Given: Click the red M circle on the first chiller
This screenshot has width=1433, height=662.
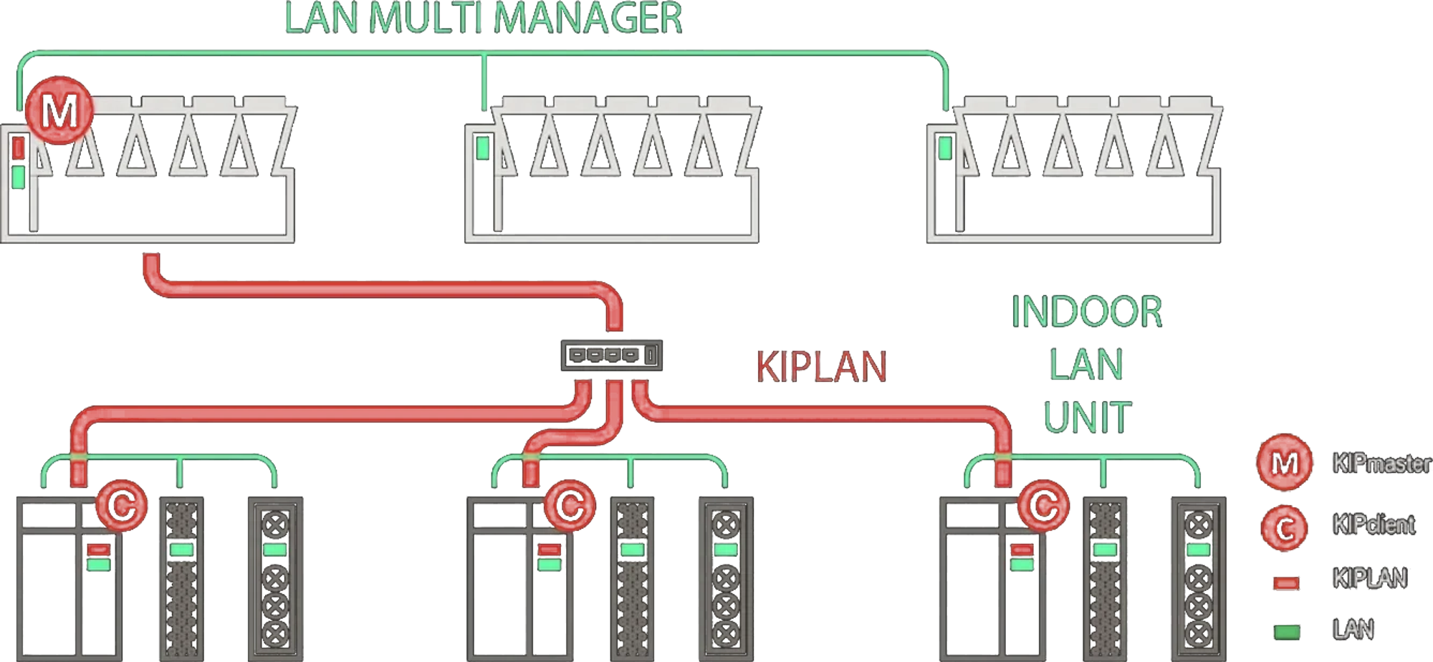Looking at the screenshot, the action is pos(59,110).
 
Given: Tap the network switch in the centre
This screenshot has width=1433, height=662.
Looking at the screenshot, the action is pos(611,355).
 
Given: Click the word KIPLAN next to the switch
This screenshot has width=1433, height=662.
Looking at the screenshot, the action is pos(821,366).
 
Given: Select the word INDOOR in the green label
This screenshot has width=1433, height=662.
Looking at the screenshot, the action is pos(1086,312).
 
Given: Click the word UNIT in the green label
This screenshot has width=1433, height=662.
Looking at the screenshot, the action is pos(1087,417).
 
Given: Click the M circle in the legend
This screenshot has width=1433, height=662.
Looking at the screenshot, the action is pos(1285,462).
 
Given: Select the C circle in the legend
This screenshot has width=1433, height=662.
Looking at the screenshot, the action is pos(1284,528).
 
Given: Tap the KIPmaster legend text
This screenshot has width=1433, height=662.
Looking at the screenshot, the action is pos(1381,464).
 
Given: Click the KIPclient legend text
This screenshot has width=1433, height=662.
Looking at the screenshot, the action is pos(1374,524).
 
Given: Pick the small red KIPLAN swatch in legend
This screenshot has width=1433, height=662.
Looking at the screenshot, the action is pos(1286,582).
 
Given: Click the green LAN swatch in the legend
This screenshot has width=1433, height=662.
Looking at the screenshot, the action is pos(1287,632).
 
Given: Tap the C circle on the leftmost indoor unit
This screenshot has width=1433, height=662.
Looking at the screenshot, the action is pos(121,506).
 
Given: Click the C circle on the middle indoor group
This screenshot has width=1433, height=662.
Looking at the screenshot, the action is pos(570,506).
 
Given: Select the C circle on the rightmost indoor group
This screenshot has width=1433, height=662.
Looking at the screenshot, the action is pos(1043,506).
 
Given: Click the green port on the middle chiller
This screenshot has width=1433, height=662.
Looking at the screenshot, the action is pos(483,148).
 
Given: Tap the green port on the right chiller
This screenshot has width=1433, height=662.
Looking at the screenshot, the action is pos(945,148).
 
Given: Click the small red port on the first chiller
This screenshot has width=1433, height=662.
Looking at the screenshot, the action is pos(19,148).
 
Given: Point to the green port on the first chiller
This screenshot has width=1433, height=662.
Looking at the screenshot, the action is pos(19,177).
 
